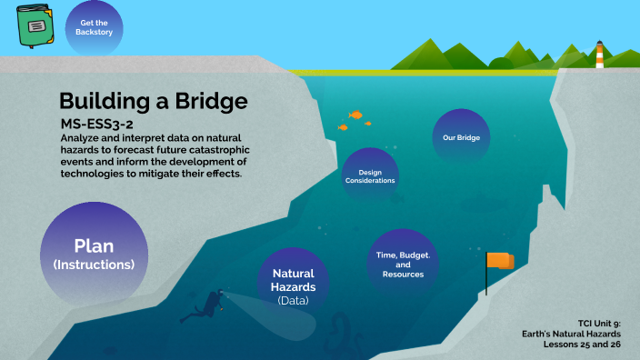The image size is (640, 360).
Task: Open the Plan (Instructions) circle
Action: (x=93, y=255)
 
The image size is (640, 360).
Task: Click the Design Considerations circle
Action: (x=370, y=175)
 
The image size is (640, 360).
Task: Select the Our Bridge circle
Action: (x=461, y=138)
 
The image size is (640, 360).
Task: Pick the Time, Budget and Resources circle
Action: (x=403, y=265)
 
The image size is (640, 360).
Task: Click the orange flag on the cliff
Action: (x=499, y=262)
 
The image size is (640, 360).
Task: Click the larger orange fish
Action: (x=356, y=115)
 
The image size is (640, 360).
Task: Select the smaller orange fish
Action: (x=343, y=127)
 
